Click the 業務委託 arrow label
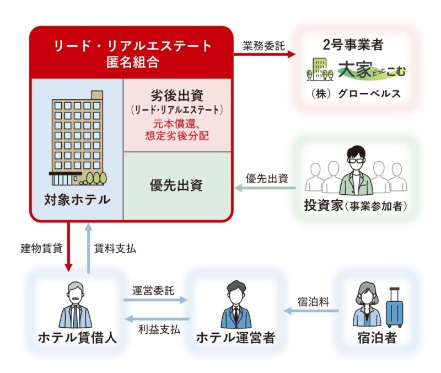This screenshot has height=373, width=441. point(263,45)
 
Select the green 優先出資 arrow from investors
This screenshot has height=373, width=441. point(265,188)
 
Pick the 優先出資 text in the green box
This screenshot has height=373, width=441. point(176,185)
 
